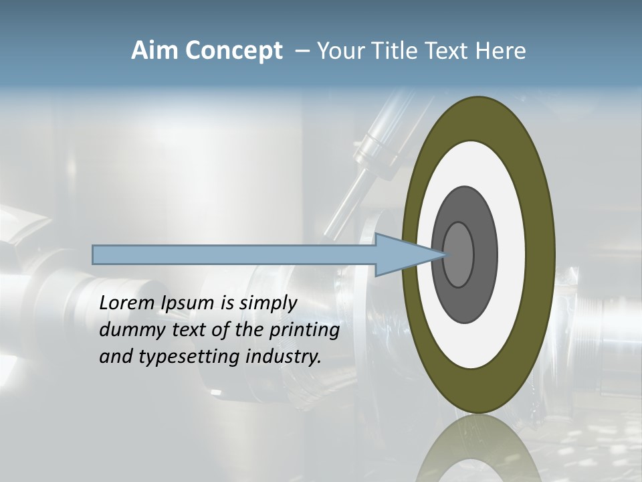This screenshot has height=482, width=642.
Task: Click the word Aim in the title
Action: pos(154,51)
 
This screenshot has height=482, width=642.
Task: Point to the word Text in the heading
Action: pos(449,51)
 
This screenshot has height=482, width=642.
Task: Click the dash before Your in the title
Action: pos(301,51)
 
